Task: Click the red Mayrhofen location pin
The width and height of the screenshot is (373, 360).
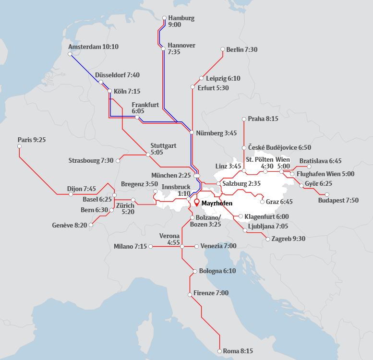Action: click(196, 202)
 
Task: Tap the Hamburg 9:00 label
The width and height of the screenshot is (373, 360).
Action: click(181, 21)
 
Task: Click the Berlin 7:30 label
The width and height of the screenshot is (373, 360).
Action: click(242, 49)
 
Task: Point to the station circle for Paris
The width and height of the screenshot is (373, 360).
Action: click(19, 147)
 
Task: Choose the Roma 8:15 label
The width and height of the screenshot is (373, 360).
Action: click(239, 351)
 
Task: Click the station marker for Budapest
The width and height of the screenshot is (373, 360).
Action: click(327, 194)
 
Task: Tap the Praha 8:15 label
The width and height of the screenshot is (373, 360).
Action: click(263, 118)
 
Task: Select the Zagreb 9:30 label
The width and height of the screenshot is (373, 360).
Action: click(288, 239)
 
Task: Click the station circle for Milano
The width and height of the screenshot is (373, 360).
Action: click(151, 247)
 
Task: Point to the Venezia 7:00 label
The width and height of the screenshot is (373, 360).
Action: click(218, 246)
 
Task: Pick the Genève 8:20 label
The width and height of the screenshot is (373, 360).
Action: click(70, 225)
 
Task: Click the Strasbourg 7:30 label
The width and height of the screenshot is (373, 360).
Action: click(91, 160)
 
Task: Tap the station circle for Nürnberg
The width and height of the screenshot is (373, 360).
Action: click(192, 132)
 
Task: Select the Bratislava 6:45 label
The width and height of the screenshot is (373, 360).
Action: click(320, 161)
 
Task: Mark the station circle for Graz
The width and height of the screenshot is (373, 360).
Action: click(262, 202)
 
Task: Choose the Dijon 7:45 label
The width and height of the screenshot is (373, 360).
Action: click(81, 189)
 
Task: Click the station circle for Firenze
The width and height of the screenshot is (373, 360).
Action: click(190, 293)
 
